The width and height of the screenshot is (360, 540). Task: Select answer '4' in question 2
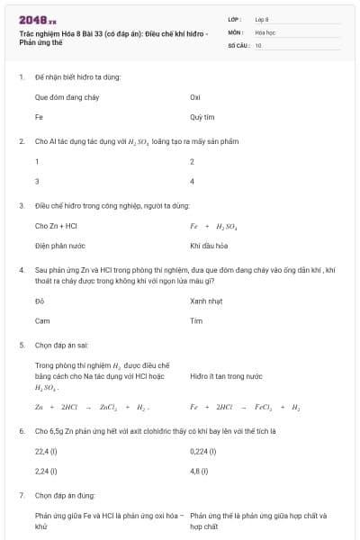(x=193, y=181)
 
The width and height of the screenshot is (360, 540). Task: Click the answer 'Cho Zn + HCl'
(x=56, y=226)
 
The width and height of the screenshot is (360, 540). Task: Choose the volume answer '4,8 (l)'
(x=200, y=471)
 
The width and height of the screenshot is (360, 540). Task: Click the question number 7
(x=21, y=495)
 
